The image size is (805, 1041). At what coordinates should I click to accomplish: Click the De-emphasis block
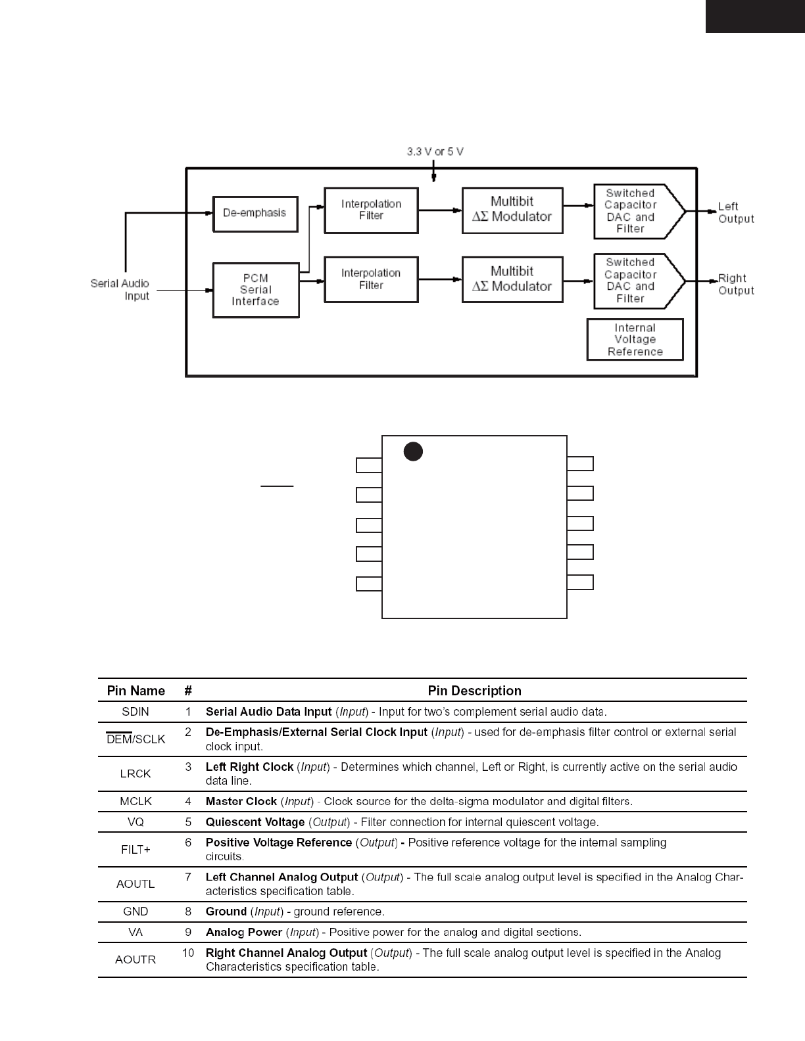point(255,214)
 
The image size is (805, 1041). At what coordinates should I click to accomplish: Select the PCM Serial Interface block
point(256,290)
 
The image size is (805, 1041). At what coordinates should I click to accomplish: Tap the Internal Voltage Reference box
point(635,340)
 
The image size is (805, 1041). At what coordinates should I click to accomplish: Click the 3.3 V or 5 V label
point(435,152)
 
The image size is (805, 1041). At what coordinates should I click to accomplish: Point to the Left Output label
point(735,213)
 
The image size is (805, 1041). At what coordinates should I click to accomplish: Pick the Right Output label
point(735,285)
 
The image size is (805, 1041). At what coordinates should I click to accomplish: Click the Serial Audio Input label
point(120,290)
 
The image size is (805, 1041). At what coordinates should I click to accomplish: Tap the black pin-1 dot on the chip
point(412,451)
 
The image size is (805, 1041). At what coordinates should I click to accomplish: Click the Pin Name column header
point(135,691)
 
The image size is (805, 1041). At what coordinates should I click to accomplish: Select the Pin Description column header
point(474,691)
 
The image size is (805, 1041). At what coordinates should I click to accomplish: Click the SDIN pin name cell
point(135,712)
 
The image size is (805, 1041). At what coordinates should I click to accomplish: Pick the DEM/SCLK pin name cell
point(135,739)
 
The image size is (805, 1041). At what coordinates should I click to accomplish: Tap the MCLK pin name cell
point(135,802)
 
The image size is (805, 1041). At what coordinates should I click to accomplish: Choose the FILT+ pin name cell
point(135,850)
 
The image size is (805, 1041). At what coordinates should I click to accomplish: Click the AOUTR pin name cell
point(135,960)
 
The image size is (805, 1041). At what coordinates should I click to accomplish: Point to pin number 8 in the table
point(188,912)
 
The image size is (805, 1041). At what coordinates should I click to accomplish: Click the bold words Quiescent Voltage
point(255,822)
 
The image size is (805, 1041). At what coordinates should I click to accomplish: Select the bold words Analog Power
point(244,933)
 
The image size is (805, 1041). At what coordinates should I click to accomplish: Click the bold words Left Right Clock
point(249,767)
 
